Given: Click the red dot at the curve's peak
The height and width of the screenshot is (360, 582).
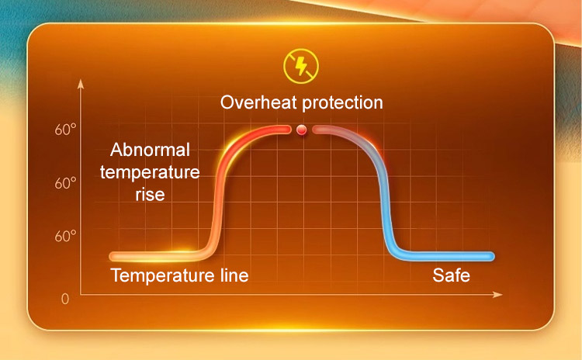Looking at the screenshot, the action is tap(301, 130).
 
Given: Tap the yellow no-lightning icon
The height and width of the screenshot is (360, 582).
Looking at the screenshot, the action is tap(301, 66).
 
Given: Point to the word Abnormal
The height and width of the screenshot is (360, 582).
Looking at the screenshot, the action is tap(150, 150).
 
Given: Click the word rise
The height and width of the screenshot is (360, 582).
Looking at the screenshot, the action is tap(150, 195).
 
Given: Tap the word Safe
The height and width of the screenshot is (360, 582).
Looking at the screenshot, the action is tap(452, 275).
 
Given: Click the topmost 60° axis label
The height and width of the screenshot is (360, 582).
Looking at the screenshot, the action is tap(65, 130).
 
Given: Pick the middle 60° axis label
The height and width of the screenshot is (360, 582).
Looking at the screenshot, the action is tap(65, 183).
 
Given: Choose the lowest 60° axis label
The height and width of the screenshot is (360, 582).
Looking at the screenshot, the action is tap(65, 236).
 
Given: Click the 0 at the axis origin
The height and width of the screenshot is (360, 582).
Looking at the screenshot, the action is tap(65, 299).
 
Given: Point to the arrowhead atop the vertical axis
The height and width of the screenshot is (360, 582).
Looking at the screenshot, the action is tap(81, 84).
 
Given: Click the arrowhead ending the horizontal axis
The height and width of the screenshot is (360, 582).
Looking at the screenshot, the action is tap(497, 294).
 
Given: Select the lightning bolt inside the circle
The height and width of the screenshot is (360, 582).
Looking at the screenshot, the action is tap(301, 66).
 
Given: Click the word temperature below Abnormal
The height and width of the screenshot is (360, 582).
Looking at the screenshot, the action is tap(150, 172).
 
